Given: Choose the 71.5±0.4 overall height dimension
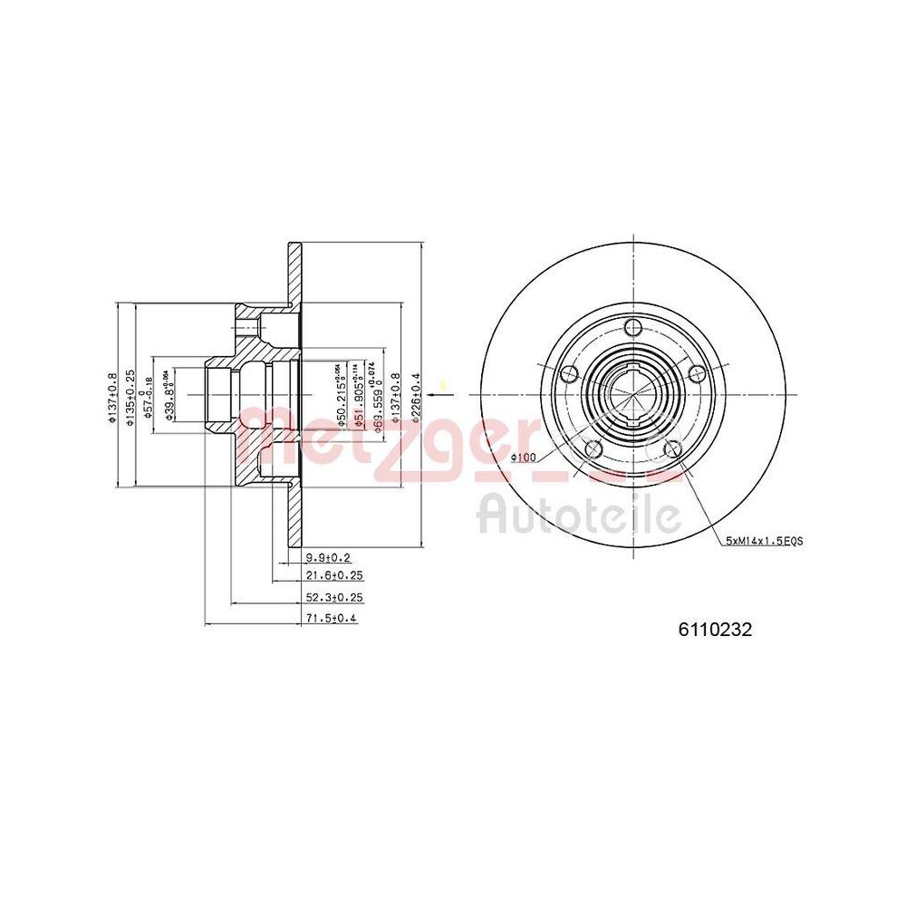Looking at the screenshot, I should tap(333, 619).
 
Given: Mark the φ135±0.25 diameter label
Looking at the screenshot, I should tap(130, 395).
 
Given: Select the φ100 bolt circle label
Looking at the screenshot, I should tap(524, 458).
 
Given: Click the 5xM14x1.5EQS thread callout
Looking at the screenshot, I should tap(764, 540).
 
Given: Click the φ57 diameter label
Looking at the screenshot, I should tap(149, 395).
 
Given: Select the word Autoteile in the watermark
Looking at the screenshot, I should tap(579, 515).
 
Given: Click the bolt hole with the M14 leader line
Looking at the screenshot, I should tap(673, 448).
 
